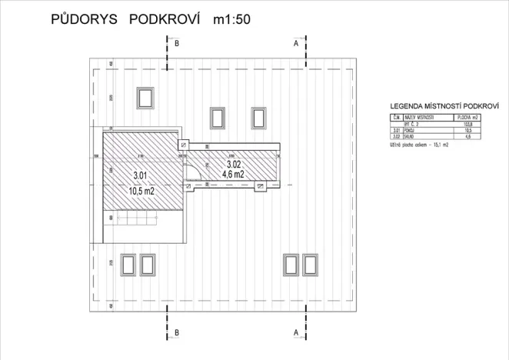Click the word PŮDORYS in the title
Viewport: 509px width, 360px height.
click(x=84, y=20)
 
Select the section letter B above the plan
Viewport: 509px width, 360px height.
click(x=177, y=44)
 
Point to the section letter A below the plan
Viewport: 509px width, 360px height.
click(x=296, y=332)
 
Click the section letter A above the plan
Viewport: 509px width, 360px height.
click(x=296, y=44)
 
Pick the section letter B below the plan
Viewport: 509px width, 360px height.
click(x=177, y=332)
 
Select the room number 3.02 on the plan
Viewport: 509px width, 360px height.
click(x=233, y=163)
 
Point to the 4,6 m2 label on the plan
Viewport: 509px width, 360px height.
click(x=233, y=174)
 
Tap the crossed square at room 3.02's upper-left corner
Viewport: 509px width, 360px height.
click(x=183, y=144)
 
